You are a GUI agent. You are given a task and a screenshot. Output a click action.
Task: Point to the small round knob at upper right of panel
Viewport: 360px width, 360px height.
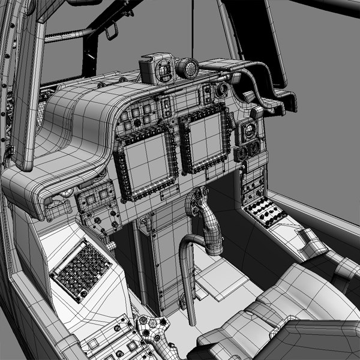click(x=223, y=90)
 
